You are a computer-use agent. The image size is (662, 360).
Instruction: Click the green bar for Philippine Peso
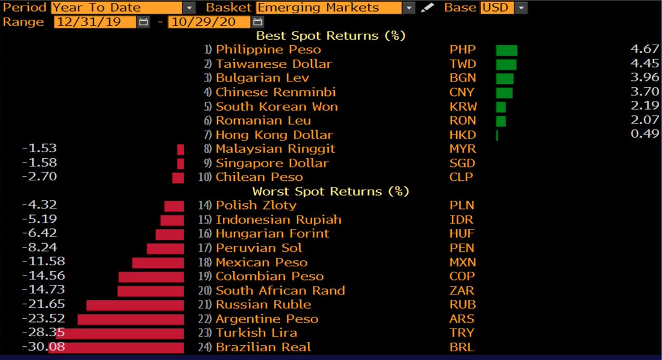pyautogui.click(x=506, y=50)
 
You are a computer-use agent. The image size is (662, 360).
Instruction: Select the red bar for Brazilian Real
pyautogui.click(x=116, y=347)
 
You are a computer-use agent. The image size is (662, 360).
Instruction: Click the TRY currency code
pyautogui.click(x=462, y=333)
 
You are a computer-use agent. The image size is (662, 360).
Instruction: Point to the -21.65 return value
pyautogui.click(x=44, y=304)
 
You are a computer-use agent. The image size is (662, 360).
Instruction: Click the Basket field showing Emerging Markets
pyautogui.click(x=329, y=8)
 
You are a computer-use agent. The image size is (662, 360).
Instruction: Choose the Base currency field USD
pyautogui.click(x=497, y=8)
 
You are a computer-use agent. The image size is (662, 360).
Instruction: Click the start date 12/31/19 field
pyautogui.click(x=95, y=22)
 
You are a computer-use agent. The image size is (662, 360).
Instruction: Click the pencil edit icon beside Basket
pyautogui.click(x=427, y=8)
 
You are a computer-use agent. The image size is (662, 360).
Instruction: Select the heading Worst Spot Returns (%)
pyautogui.click(x=331, y=191)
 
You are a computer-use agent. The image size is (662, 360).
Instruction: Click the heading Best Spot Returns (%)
pyautogui.click(x=331, y=36)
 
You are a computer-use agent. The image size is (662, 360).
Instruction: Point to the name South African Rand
pyautogui.click(x=280, y=291)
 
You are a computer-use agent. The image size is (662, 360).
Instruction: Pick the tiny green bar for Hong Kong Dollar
pyautogui.click(x=497, y=135)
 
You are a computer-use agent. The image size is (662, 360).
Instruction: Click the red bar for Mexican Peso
pyautogui.click(x=158, y=262)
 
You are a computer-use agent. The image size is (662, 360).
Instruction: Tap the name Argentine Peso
pyautogui.click(x=267, y=319)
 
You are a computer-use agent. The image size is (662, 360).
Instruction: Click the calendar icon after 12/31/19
pyautogui.click(x=144, y=22)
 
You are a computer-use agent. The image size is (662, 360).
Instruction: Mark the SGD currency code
pyautogui.click(x=462, y=163)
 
